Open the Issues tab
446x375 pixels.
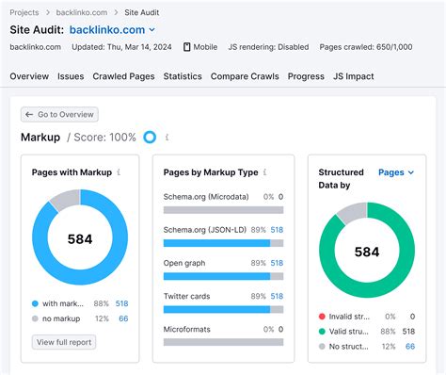[71, 76]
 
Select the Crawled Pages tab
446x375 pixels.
[124, 76]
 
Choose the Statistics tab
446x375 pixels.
[183, 76]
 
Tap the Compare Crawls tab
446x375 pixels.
[245, 76]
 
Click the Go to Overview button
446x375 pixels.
[60, 114]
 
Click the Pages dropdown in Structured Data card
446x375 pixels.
[396, 172]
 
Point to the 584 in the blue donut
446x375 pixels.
[80, 239]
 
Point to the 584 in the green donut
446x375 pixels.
[367, 252]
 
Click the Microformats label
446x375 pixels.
[187, 329]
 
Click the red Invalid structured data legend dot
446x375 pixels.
[323, 317]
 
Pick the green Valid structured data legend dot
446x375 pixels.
[323, 332]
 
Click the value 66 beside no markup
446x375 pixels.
[122, 319]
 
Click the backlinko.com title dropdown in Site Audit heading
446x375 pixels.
[112, 29]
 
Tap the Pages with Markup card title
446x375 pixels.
[72, 172]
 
